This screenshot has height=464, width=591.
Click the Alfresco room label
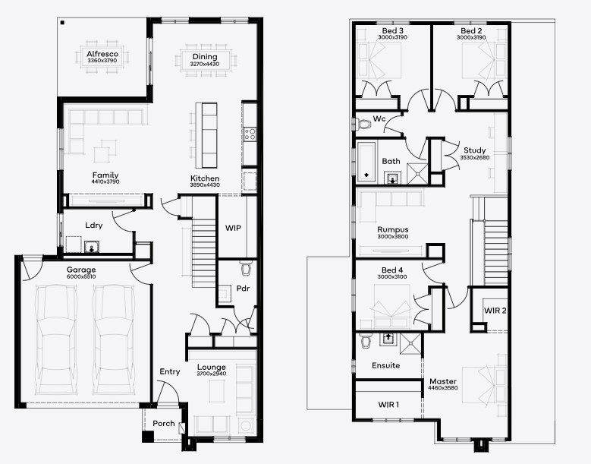102,54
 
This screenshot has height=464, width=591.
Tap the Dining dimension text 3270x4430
205,64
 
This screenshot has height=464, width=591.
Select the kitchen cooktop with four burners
250,134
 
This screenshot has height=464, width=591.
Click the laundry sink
91,246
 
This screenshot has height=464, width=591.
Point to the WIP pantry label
233,228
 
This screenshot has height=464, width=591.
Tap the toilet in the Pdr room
245,268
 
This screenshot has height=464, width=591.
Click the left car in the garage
56,339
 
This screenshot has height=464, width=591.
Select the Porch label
164,423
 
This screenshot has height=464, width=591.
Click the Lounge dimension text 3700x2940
212,374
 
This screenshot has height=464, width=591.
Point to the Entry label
170,371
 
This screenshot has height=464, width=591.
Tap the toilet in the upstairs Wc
363,124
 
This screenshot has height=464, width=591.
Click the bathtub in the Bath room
366,161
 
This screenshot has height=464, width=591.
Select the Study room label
474,150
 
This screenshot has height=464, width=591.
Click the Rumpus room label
393,229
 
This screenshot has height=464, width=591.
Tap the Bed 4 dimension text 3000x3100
392,277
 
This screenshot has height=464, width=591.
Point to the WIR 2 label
495,311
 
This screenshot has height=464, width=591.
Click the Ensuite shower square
410,344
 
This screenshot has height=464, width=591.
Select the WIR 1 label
388,405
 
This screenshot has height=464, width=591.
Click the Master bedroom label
443,381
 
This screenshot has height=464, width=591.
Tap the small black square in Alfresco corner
62,23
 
